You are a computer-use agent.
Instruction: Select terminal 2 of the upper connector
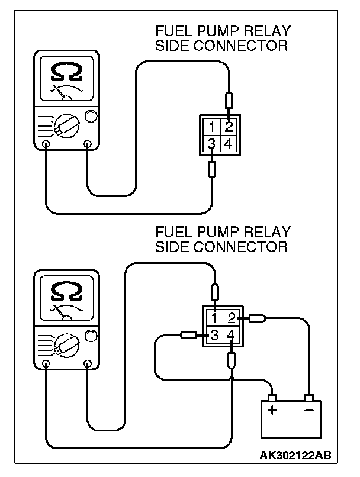[x=229, y=127]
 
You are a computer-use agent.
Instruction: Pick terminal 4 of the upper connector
[x=229, y=144]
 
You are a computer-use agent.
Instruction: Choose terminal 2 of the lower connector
[x=232, y=318]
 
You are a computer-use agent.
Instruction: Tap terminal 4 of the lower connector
[x=232, y=336]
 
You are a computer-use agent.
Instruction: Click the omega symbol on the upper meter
[x=65, y=72]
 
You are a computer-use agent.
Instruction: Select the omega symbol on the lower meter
[x=65, y=291]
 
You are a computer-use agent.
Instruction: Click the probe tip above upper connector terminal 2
[x=229, y=100]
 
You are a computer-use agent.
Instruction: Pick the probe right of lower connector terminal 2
[x=257, y=318]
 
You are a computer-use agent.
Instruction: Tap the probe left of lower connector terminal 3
[x=188, y=336]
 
